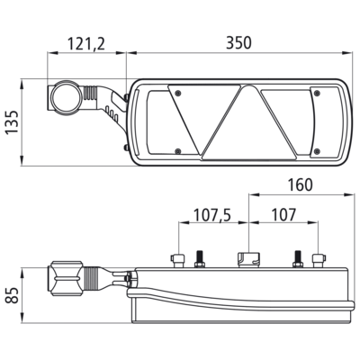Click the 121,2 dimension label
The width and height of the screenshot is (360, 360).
point(86,44)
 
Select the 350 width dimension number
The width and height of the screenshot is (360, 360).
point(238,43)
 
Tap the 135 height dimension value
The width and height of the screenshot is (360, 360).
point(13,122)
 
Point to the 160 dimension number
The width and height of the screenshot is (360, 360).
point(300,184)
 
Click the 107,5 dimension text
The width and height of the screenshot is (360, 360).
point(212,215)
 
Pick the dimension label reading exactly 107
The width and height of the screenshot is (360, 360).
point(283,215)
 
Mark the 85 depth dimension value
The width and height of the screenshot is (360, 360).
point(13,295)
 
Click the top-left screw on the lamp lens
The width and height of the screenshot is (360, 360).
point(178,93)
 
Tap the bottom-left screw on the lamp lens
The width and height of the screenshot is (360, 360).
point(178,150)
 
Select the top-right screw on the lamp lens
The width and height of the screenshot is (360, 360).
point(317,94)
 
